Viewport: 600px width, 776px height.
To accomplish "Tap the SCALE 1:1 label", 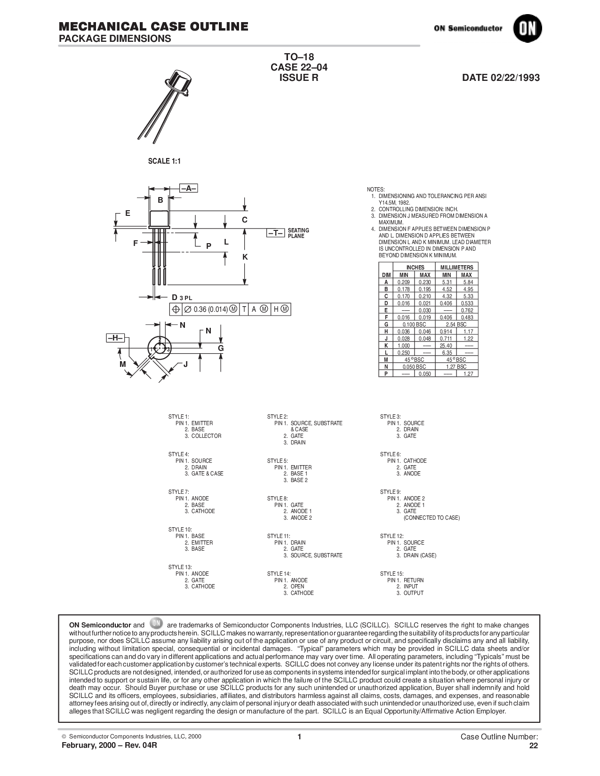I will pyautogui.click(x=165, y=161).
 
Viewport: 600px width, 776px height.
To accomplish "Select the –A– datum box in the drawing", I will pyautogui.click(x=188, y=188).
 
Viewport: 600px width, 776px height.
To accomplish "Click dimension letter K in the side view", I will pyautogui.click(x=245, y=257).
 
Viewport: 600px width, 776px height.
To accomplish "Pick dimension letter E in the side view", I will pyautogui.click(x=128, y=214).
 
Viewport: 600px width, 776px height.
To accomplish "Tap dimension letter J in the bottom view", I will pyautogui.click(x=185, y=364).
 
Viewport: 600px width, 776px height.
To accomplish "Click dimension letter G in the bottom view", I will pyautogui.click(x=220, y=348).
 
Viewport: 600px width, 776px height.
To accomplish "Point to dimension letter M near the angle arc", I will pyautogui.click(x=123, y=364).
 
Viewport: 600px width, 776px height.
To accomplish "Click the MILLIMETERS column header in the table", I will pyautogui.click(x=456, y=267).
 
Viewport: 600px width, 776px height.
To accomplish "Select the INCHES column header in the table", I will pyautogui.click(x=415, y=267).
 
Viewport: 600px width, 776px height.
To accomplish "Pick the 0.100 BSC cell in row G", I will pyautogui.click(x=415, y=324).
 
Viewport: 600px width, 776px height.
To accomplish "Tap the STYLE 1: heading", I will pyautogui.click(x=178, y=417).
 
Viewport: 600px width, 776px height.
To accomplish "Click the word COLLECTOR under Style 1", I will pyautogui.click(x=206, y=436).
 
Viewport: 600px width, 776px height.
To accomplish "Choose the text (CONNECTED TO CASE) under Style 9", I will pyautogui.click(x=432, y=518).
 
